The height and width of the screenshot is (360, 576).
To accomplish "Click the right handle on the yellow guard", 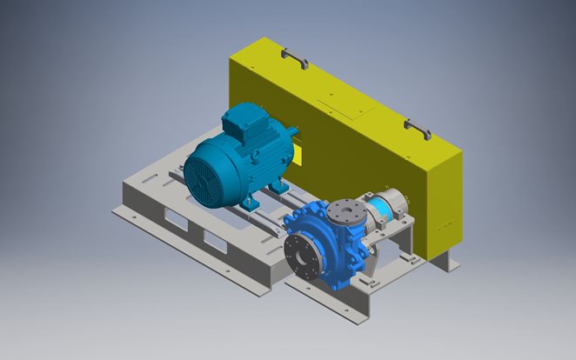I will (x=418, y=129).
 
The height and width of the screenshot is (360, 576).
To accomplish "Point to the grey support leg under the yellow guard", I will (x=439, y=259).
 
